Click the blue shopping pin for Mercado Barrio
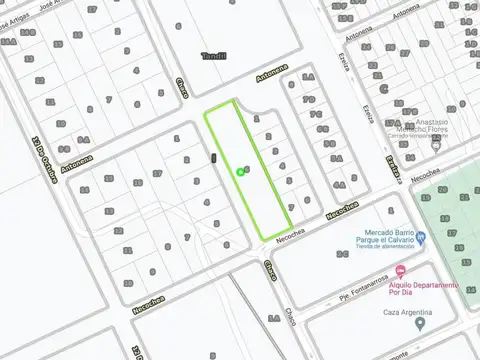tap(421, 238)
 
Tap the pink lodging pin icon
tap(400, 271)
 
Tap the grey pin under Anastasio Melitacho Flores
tap(436, 145)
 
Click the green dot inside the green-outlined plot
tap(240, 172)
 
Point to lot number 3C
tap(342, 254)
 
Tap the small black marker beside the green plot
tap(214, 158)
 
